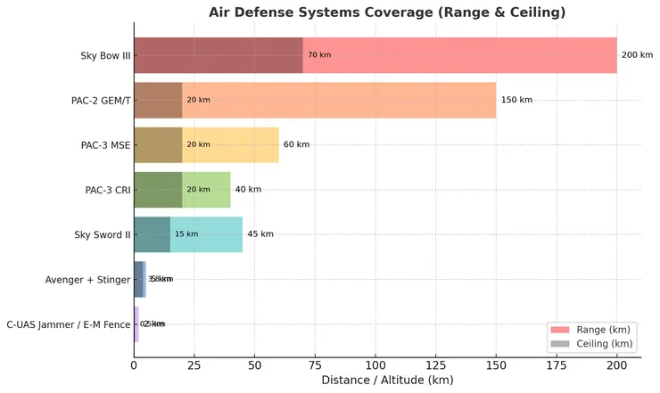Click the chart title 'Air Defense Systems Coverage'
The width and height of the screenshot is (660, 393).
[x=386, y=12]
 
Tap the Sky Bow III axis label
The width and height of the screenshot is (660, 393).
[x=104, y=56]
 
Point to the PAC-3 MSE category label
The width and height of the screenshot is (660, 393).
[x=105, y=145]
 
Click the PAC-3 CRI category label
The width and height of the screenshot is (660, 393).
[x=107, y=190]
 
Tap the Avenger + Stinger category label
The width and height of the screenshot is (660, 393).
[x=87, y=280]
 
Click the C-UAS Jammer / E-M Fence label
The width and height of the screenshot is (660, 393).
[x=68, y=324]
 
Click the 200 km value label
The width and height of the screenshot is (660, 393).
[x=637, y=55]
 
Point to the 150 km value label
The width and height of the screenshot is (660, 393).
[x=516, y=101]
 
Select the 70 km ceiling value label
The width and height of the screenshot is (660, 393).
[x=318, y=55]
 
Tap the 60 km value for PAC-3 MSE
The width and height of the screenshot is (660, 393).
[x=296, y=145]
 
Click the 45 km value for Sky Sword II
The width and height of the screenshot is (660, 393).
[x=260, y=234]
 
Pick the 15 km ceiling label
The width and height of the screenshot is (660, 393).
[x=186, y=234]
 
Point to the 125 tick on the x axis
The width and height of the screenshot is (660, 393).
[x=435, y=364]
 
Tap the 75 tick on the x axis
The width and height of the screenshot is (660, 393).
[x=315, y=364]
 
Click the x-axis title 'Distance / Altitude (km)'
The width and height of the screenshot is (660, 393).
[x=387, y=381]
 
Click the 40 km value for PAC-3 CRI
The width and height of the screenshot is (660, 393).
[x=248, y=190]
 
